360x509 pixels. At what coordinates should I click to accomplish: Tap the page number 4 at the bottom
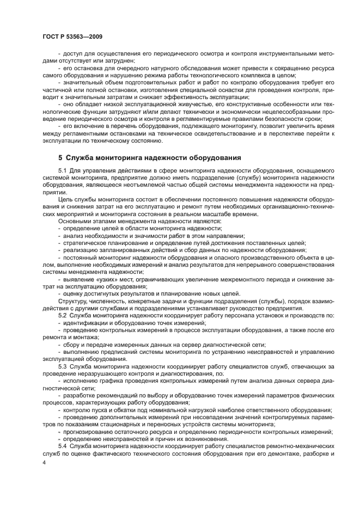click(x=44, y=462)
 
